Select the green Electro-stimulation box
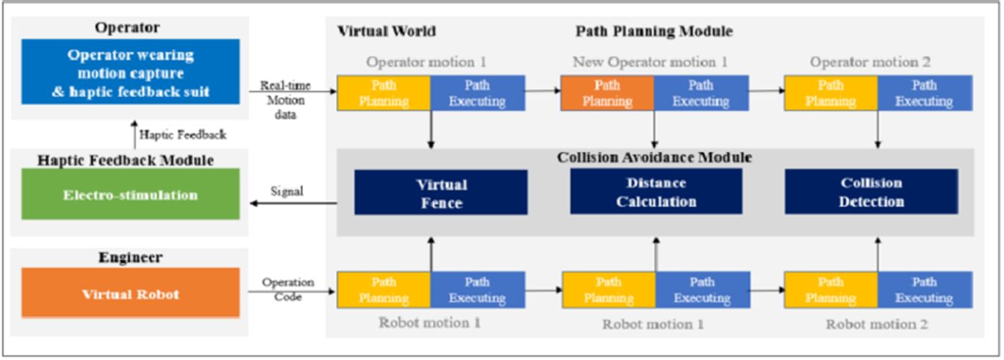tap(130, 195)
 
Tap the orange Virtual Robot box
tap(130, 294)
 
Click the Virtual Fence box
tap(440, 193)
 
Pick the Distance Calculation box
tap(656, 192)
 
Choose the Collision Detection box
tap(871, 192)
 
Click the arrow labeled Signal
tap(293, 204)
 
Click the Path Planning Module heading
tap(653, 32)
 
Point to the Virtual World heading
tap(387, 32)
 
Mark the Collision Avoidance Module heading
tap(654, 157)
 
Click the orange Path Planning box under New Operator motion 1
tap(607, 93)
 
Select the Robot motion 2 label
tap(877, 324)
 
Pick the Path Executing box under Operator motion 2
tap(924, 93)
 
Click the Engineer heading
tap(130, 258)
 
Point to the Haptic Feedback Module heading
tap(130, 159)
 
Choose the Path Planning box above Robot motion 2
tap(831, 290)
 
